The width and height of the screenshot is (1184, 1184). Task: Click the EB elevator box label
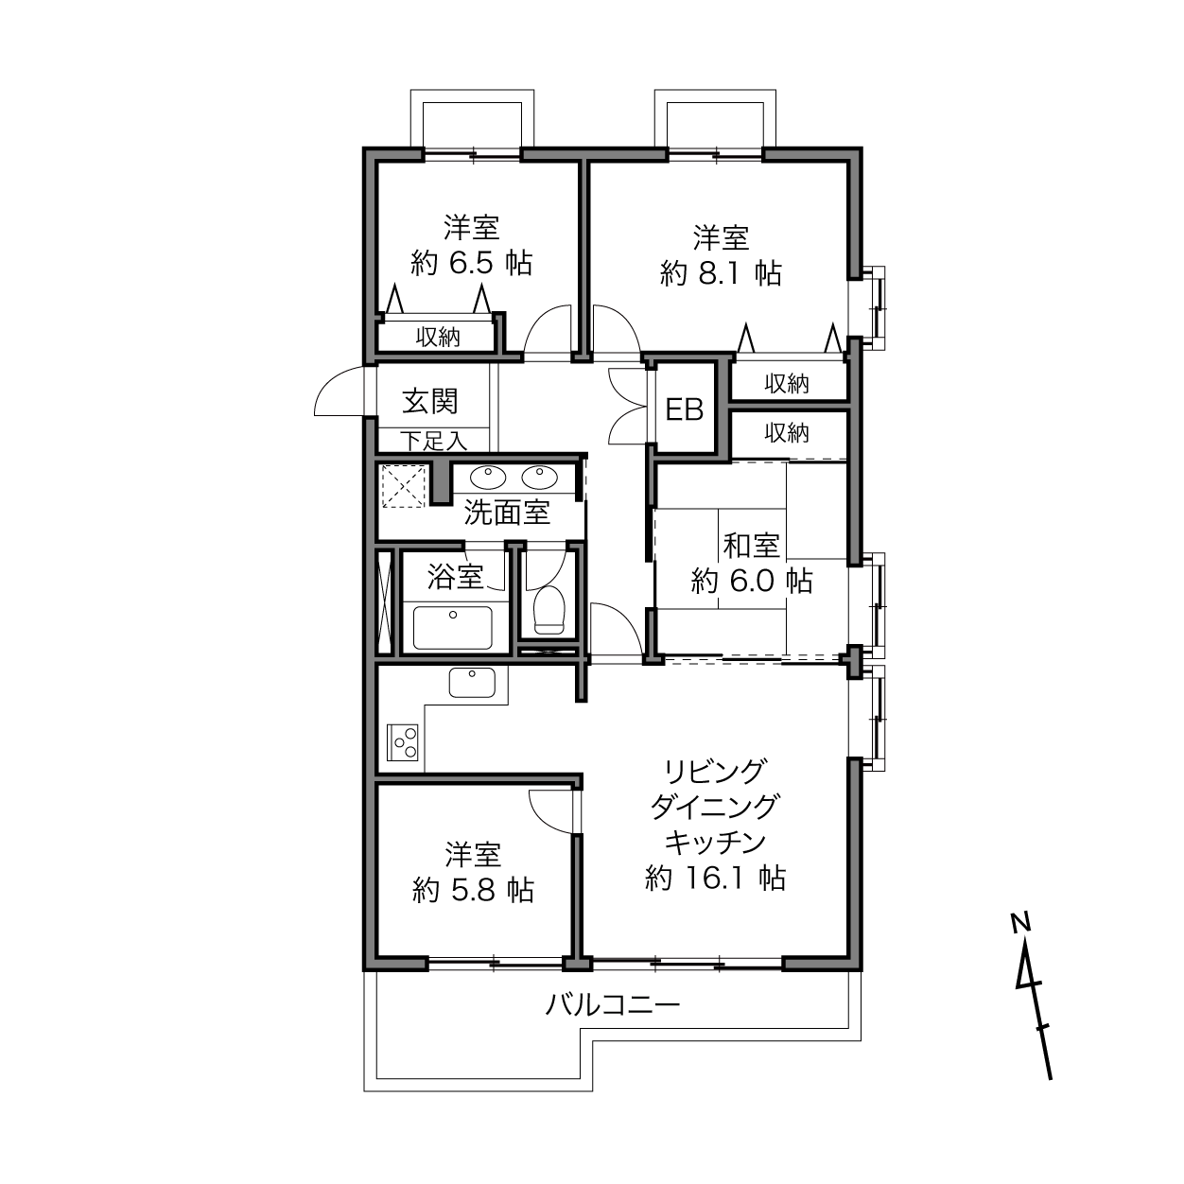[x=685, y=409]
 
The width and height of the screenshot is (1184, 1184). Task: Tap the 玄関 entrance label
[x=430, y=401]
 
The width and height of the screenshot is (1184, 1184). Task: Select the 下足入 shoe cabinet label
[x=434, y=441]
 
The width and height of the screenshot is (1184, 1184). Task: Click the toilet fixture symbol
[x=548, y=610]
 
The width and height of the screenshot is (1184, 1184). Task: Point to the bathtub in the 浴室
[x=453, y=627]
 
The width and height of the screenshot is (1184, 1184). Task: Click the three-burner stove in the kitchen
[x=403, y=741]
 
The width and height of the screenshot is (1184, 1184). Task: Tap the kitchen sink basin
[x=472, y=683]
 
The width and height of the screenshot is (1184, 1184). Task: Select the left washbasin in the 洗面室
[x=489, y=477]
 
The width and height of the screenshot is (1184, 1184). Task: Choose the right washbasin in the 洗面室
[x=539, y=477]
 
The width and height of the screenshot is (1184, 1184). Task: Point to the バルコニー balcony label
[x=613, y=1004]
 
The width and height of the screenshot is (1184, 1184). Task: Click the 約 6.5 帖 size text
[x=471, y=264]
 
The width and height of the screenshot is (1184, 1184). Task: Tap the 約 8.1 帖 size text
[x=721, y=273]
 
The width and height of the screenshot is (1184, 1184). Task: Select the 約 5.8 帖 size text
[x=473, y=890]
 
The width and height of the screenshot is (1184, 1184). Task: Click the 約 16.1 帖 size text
[x=716, y=879]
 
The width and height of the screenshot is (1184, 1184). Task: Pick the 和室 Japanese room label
[x=752, y=546]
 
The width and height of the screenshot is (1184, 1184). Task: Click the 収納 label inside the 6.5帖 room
[x=438, y=337]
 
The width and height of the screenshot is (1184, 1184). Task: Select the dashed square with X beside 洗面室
[x=404, y=486]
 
